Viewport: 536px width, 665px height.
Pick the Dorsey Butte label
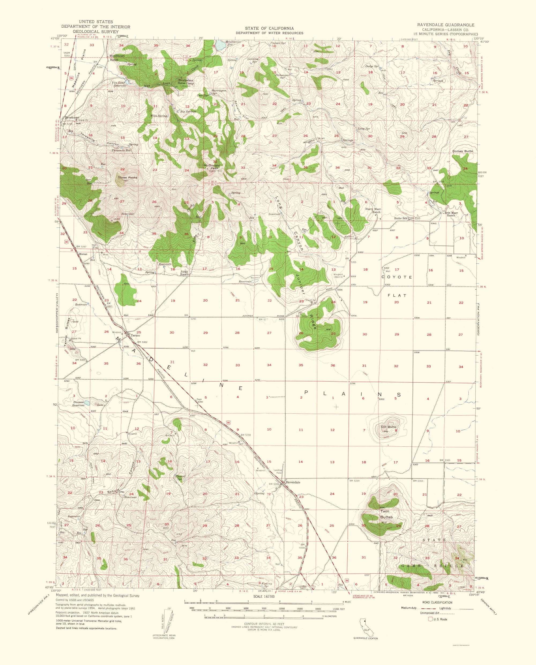coord(463,151)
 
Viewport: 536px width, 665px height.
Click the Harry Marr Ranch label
coord(373,210)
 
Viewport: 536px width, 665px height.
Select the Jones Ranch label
coord(185,273)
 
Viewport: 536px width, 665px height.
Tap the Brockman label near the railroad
coord(72,118)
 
